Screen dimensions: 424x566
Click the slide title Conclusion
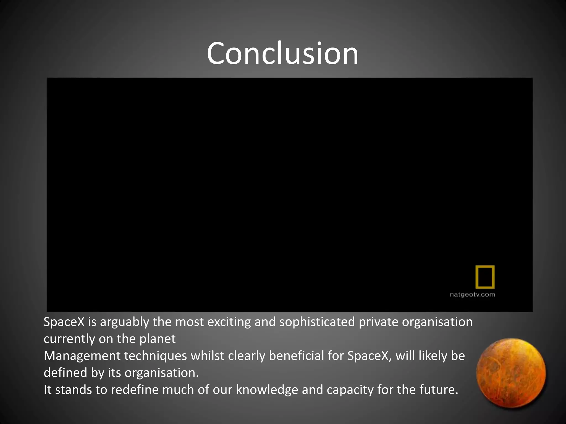[282, 53]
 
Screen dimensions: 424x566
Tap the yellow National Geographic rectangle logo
[485, 277]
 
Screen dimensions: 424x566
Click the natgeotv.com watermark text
[472, 295]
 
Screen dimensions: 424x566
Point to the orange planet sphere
[511, 373]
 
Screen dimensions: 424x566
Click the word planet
[157, 339]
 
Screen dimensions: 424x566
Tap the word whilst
[208, 356]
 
